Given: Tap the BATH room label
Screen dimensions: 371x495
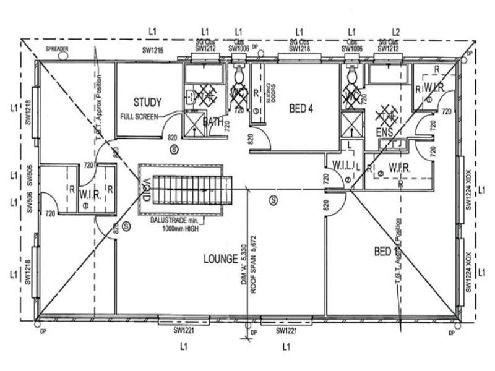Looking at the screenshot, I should [x=213, y=122].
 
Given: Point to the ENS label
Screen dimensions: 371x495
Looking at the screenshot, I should [x=384, y=132].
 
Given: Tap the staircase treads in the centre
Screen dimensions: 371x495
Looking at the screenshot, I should [x=192, y=190].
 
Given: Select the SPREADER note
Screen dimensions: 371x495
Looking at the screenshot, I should [x=57, y=48].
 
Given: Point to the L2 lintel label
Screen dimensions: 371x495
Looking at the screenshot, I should [x=396, y=31].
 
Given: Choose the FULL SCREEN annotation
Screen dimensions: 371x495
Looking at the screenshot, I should [x=139, y=116].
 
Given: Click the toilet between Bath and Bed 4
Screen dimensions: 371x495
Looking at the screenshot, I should [x=239, y=77].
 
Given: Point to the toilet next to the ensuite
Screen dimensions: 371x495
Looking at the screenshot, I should [x=352, y=77].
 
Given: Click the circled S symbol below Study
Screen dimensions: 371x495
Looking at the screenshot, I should [x=174, y=149].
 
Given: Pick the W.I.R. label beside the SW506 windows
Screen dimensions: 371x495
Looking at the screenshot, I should [x=86, y=194].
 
